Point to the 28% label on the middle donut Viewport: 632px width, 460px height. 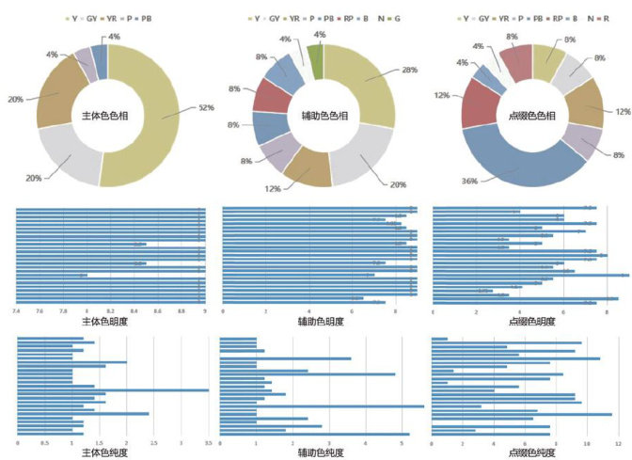(x=409, y=70)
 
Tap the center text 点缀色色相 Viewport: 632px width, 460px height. (x=531, y=116)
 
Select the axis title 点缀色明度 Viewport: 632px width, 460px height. (x=530, y=321)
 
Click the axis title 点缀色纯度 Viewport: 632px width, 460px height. (x=530, y=452)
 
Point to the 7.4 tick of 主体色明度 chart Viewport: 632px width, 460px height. (x=17, y=309)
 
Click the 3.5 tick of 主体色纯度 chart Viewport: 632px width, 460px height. (x=209, y=441)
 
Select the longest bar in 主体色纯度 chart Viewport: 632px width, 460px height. (x=113, y=389)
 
